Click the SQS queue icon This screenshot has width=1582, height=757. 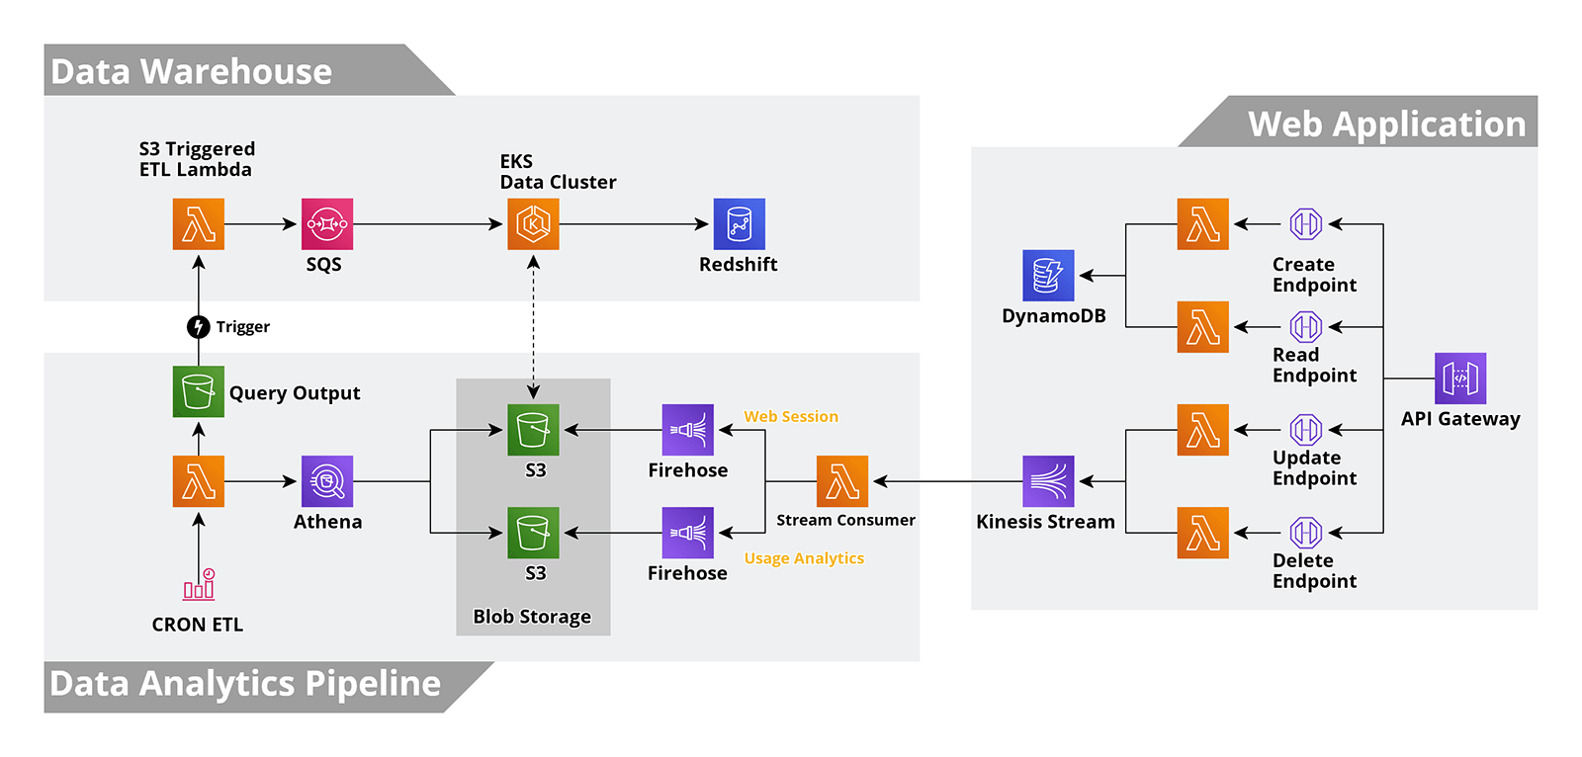[x=326, y=224]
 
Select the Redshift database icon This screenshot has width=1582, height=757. [x=739, y=224]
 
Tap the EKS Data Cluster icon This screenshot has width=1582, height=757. [x=533, y=224]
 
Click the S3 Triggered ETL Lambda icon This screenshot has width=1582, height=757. [x=199, y=224]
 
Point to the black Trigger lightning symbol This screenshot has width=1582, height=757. [x=199, y=326]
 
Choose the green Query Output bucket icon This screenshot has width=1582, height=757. [x=199, y=391]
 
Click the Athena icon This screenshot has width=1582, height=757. [x=326, y=481]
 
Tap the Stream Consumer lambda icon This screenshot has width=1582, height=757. [x=841, y=481]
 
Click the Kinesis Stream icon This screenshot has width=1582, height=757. [x=1048, y=481]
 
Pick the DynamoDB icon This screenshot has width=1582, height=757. [x=1048, y=276]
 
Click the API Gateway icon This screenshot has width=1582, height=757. [x=1460, y=378]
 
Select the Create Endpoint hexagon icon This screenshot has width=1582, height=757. [x=1306, y=224]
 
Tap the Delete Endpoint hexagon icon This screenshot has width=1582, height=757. [x=1306, y=533]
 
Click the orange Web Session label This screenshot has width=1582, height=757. [x=791, y=417]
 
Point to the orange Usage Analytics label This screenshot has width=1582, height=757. [x=804, y=558]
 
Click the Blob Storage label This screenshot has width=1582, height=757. [x=532, y=617]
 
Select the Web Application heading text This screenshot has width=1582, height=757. [x=1386, y=125]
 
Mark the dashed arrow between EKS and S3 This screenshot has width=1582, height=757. [x=533, y=326]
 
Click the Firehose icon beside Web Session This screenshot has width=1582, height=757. [x=687, y=430]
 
